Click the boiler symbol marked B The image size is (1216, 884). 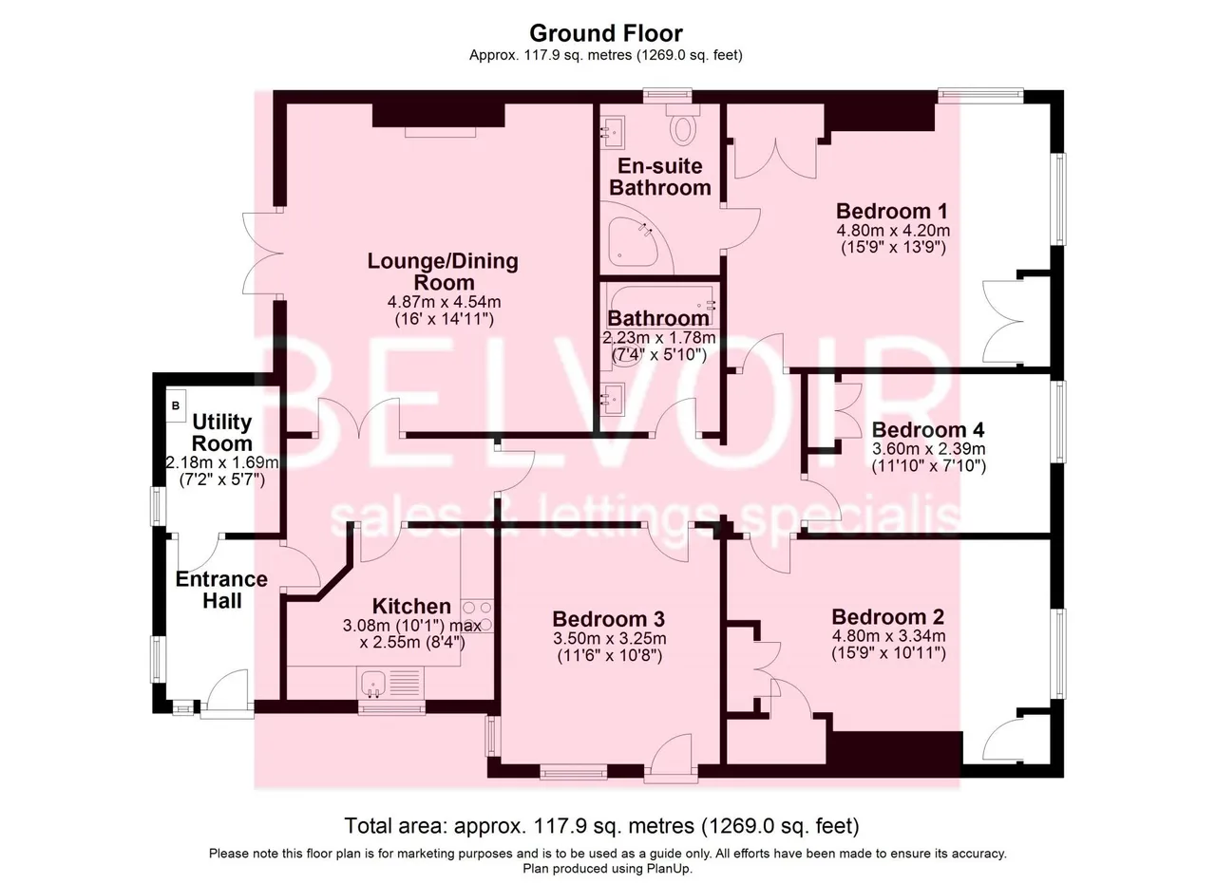coord(176,405)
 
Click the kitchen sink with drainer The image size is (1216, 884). coord(390,684)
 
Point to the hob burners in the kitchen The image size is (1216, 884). coord(477,616)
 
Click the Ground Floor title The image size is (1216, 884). coord(606,33)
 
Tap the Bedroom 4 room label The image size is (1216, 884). coord(928,430)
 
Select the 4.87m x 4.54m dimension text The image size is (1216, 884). coord(444,302)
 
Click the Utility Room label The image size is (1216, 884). coord(222,432)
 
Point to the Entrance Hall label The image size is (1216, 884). coord(221,590)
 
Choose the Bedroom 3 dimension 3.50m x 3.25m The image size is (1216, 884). coord(610,638)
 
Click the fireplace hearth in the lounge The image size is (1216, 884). coord(441,132)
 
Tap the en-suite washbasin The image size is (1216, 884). coord(613,132)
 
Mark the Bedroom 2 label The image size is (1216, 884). coord(888,617)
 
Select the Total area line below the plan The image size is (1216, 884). coord(602,826)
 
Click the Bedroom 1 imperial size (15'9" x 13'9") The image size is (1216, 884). coord(894,248)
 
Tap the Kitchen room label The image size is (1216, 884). coord(411,606)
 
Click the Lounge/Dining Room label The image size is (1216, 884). coord(443,272)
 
